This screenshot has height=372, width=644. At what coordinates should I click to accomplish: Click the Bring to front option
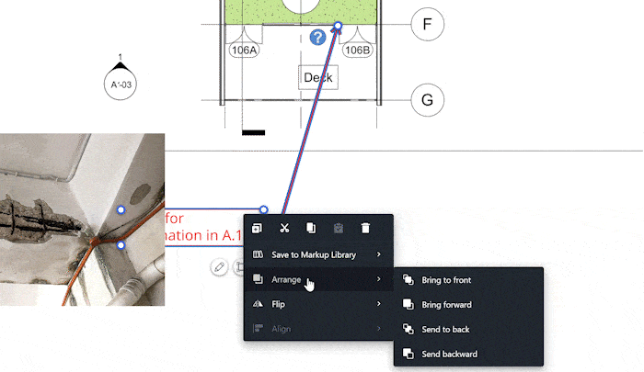(445, 279)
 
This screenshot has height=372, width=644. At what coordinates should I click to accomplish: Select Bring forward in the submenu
(445, 304)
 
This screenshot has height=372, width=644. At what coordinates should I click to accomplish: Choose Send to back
(445, 329)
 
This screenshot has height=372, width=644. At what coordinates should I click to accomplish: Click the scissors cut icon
(285, 228)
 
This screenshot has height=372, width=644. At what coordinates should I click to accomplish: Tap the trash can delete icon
(365, 228)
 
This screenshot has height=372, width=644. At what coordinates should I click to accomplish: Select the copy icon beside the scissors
(312, 228)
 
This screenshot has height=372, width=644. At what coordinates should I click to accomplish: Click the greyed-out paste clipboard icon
(339, 228)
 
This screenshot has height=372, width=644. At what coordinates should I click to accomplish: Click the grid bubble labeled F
(427, 24)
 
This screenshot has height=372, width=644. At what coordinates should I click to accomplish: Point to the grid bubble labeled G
(427, 99)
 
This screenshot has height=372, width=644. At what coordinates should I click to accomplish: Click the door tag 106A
(246, 51)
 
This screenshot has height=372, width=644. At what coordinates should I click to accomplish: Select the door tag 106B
(357, 51)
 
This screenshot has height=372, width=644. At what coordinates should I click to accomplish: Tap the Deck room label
(318, 78)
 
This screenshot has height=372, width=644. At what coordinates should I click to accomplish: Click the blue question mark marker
(317, 38)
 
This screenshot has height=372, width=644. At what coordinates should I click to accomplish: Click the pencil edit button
(218, 267)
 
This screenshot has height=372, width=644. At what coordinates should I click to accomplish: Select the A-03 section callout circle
(121, 85)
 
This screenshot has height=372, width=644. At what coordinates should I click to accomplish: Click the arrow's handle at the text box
(264, 210)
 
